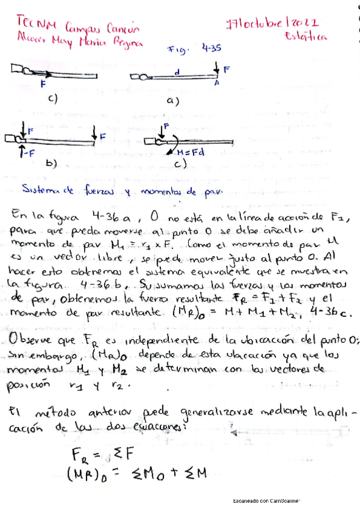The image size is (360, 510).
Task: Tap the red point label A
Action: tap(216, 84)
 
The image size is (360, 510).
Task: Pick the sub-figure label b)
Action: tap(51, 162)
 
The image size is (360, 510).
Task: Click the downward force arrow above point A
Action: tap(216, 71)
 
